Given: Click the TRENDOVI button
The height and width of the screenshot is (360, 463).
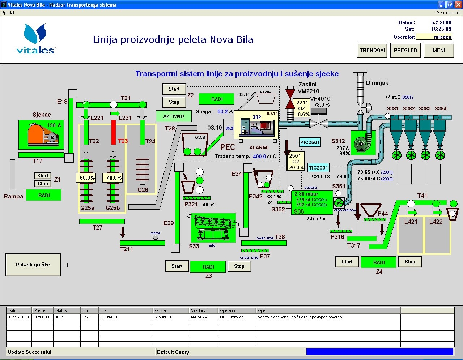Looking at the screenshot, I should coord(372,51).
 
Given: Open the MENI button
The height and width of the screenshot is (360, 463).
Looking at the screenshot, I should coord(439,51).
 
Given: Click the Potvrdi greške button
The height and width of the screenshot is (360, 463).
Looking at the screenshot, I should coord(33,265).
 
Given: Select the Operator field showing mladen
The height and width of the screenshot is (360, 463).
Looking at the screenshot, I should coord(434,37).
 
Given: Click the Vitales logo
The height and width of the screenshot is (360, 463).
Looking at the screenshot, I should coord(35,39).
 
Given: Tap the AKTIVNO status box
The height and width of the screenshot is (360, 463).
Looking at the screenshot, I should coord(174,116).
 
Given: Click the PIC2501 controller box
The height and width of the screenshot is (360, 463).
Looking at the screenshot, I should coord(310,142).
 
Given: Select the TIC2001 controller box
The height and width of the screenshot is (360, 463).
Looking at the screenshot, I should coord(318,168).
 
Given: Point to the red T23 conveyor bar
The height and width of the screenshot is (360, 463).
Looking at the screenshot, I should coord(114,132).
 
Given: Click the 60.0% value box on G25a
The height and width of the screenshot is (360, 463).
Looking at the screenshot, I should coord(87,178).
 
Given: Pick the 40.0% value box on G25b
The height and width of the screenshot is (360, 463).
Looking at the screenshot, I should coord(114,178).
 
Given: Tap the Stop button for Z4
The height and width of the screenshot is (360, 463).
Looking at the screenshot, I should coord(410,262).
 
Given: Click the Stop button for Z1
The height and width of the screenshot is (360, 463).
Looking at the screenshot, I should coord(43,184).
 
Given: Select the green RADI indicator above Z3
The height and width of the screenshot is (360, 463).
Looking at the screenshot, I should coord(208,267).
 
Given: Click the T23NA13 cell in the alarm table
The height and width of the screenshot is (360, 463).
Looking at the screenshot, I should coord(109,317).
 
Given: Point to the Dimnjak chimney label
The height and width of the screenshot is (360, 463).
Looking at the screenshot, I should coord(377,83).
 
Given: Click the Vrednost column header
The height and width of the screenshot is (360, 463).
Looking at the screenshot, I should coord(199,310).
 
